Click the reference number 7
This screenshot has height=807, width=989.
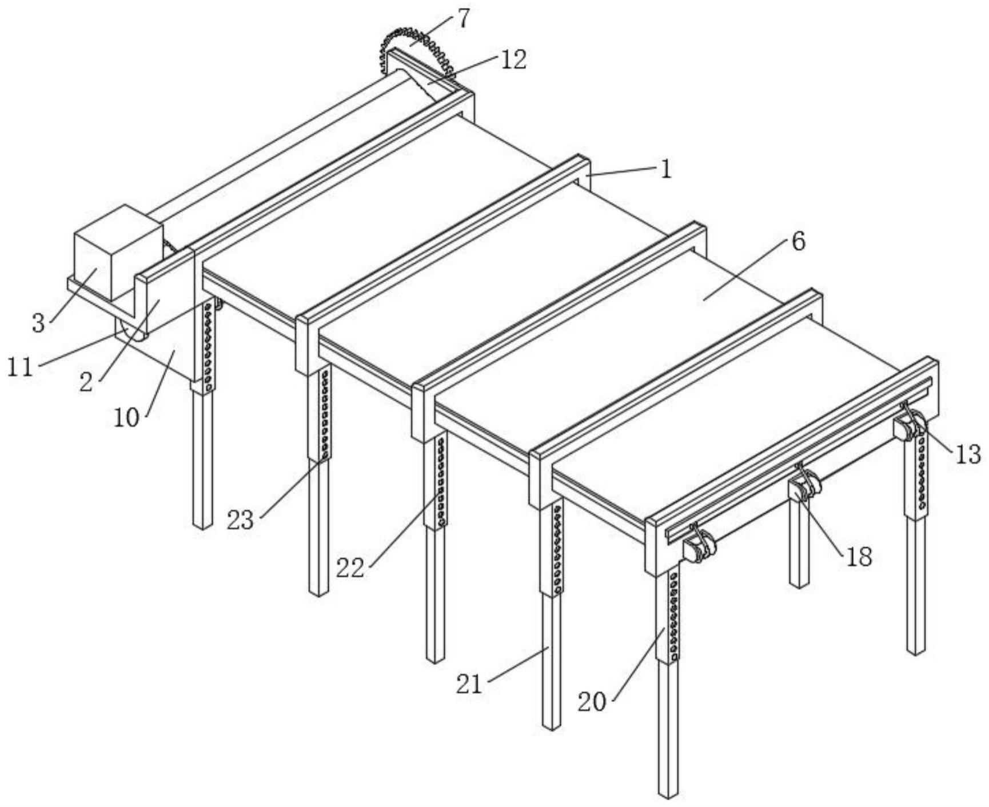pyautogui.click(x=463, y=19)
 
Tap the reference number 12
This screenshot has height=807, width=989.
pyautogui.click(x=513, y=59)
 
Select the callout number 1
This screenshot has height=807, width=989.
pyautogui.click(x=666, y=170)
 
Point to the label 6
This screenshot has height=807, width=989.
pyautogui.click(x=799, y=242)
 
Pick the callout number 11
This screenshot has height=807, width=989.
pyautogui.click(x=20, y=366)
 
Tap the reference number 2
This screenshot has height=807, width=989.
pyautogui.click(x=86, y=382)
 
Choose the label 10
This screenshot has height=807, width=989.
pyautogui.click(x=126, y=418)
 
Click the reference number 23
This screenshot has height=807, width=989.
pyautogui.click(x=240, y=520)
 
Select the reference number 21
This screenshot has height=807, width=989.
pyautogui.click(x=469, y=684)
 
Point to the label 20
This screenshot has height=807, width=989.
pyautogui.click(x=591, y=701)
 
